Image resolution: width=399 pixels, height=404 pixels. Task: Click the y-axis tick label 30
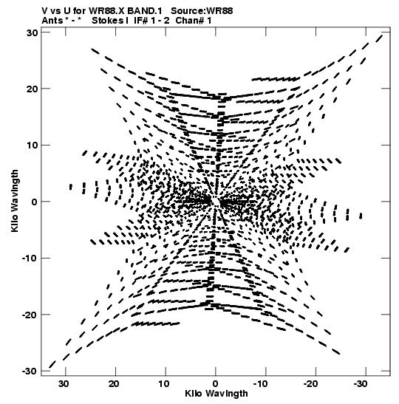[x=32, y=32]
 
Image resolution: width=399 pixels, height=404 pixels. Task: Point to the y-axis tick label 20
[x=32, y=89]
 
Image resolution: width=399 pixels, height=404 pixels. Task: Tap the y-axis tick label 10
[x=32, y=145]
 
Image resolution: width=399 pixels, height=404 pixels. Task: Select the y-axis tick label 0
[x=35, y=202]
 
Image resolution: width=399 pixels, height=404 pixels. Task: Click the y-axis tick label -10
[x=30, y=259]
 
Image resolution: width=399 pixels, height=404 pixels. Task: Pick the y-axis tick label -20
[x=30, y=315]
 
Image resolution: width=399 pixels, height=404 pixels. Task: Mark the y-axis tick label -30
[x=30, y=372]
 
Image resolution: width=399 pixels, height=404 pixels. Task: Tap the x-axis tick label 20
[x=114, y=384]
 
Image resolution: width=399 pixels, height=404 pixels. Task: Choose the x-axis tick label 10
[x=164, y=384]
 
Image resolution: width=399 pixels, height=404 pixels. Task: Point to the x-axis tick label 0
[x=216, y=384]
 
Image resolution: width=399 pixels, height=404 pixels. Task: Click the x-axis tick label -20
[x=312, y=384]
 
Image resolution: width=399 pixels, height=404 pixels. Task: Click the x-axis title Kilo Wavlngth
[x=216, y=394]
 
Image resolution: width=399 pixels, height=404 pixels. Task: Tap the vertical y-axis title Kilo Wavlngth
[x=15, y=201]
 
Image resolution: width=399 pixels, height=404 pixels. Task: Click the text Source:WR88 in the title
[x=202, y=11]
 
